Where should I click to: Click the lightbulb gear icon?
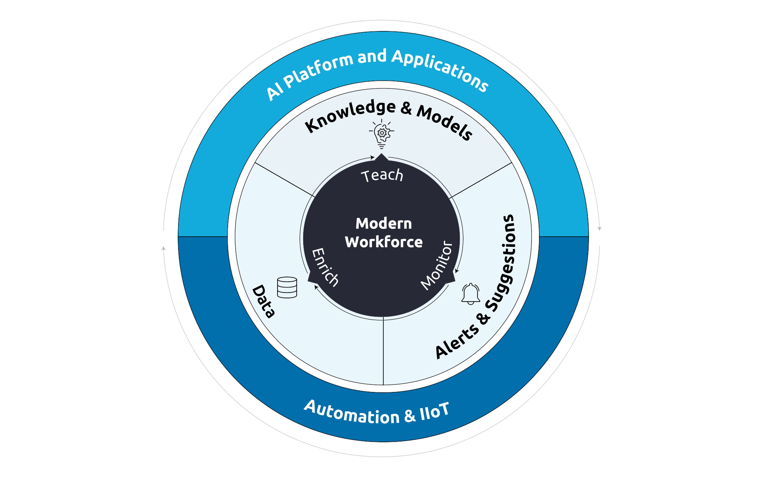tap(381, 134)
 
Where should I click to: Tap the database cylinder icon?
tap(287, 288)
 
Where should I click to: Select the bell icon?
tap(471, 294)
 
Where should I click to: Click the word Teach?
tap(382, 176)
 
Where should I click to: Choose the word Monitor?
tap(437, 265)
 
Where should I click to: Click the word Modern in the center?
tap(383, 223)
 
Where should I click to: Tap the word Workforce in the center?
tap(383, 242)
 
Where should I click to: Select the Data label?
tap(264, 301)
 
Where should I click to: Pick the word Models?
tap(445, 122)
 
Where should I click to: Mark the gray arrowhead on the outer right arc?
tap(599, 228)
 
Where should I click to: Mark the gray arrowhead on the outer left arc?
tap(164, 248)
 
